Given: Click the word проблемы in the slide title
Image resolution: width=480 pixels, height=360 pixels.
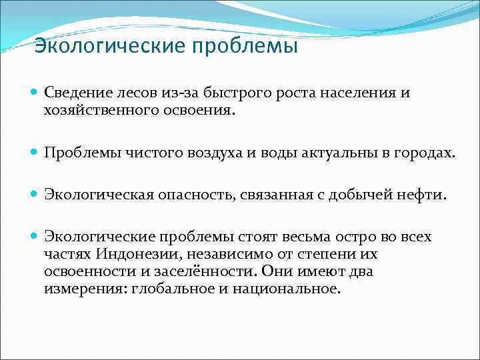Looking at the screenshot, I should click(x=246, y=47).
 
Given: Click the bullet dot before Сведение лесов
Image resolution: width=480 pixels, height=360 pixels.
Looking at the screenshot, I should click(x=35, y=93).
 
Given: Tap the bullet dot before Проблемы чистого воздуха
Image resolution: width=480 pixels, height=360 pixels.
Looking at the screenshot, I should click(x=35, y=153).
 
